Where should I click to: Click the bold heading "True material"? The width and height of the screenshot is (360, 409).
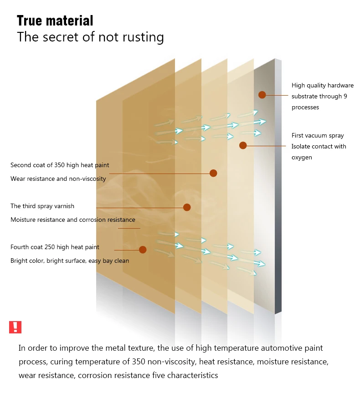(55, 20)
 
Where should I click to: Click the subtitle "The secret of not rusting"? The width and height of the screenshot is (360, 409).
(90, 37)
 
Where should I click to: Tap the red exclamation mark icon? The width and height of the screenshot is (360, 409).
(15, 327)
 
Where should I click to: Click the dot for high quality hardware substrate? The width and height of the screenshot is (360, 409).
(262, 95)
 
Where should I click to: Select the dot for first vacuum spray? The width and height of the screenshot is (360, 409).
(243, 145)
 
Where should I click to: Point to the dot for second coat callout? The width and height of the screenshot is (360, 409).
(213, 173)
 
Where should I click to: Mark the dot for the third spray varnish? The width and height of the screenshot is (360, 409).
(187, 207)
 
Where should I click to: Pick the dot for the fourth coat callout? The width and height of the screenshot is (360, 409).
(143, 250)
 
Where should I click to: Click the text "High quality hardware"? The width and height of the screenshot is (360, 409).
(322, 85)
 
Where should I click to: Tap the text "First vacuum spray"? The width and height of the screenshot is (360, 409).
(318, 135)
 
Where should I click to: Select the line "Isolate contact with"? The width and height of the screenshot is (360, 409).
(319, 146)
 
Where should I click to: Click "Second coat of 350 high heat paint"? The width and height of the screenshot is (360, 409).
(60, 165)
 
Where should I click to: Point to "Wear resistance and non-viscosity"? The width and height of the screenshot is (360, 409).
(58, 179)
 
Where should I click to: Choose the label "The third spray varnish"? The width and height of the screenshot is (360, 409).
(42, 206)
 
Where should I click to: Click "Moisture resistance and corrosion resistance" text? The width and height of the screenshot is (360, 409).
(73, 220)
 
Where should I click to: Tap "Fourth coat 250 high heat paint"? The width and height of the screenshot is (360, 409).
(55, 247)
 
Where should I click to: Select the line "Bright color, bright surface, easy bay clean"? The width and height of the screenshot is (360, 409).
(70, 261)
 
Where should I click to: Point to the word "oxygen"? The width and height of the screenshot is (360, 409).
(302, 157)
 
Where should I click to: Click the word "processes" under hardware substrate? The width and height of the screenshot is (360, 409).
(305, 107)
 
